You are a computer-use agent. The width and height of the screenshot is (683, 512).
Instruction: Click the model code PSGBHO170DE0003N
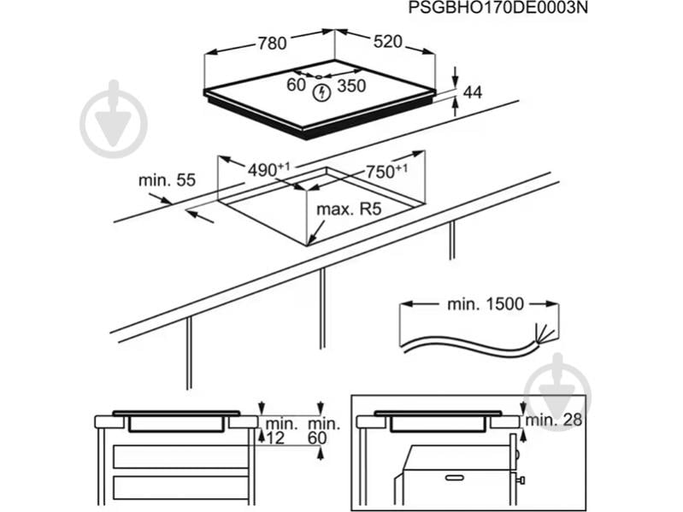[498, 8]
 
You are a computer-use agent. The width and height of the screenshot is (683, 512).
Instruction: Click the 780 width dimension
[272, 43]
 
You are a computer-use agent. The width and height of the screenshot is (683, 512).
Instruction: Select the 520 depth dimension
[388, 41]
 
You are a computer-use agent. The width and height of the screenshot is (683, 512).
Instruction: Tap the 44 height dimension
[473, 92]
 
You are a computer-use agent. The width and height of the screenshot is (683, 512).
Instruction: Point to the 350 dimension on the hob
[351, 85]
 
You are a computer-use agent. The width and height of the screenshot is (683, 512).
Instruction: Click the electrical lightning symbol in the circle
[322, 92]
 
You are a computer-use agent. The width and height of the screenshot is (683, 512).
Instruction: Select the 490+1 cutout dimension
[268, 169]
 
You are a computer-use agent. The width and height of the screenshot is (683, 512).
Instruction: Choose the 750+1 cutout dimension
[386, 171]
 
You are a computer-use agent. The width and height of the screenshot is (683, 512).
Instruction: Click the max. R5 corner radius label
[349, 209]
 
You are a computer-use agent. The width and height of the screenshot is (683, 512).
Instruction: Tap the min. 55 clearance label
[168, 180]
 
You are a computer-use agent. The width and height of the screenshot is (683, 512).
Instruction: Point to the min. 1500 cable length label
[486, 304]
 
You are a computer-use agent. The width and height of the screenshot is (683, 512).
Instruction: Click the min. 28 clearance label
[554, 421]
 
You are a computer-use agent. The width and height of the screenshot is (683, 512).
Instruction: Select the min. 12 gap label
[281, 430]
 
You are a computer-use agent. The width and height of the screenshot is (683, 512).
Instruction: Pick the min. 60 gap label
[324, 430]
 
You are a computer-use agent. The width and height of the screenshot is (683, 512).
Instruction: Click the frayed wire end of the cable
[544, 335]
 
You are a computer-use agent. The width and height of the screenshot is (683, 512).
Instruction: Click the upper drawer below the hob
[180, 456]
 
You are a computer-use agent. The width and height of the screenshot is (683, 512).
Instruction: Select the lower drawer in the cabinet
[180, 487]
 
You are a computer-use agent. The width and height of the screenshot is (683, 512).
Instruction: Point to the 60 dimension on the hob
[297, 85]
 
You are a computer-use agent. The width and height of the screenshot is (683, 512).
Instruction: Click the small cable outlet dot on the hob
[319, 77]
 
